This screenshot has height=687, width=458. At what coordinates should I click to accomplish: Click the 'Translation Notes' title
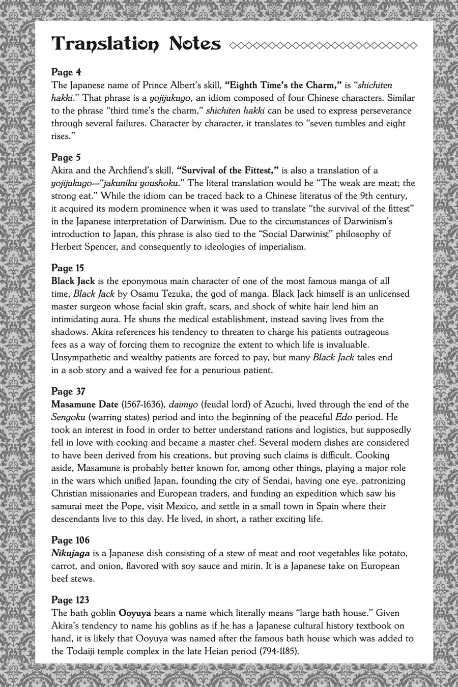click(136, 44)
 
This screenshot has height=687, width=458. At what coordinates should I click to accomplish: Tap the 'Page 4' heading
click(66, 72)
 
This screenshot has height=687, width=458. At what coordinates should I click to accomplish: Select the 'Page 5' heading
click(66, 157)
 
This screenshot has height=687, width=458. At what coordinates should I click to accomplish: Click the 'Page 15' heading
click(68, 268)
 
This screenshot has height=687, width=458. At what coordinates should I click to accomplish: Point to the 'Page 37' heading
click(68, 391)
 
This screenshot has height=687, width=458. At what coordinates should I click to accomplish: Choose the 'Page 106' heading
click(70, 540)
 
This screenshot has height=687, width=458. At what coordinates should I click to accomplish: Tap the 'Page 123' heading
click(70, 600)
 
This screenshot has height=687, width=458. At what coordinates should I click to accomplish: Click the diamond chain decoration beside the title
click(323, 45)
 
